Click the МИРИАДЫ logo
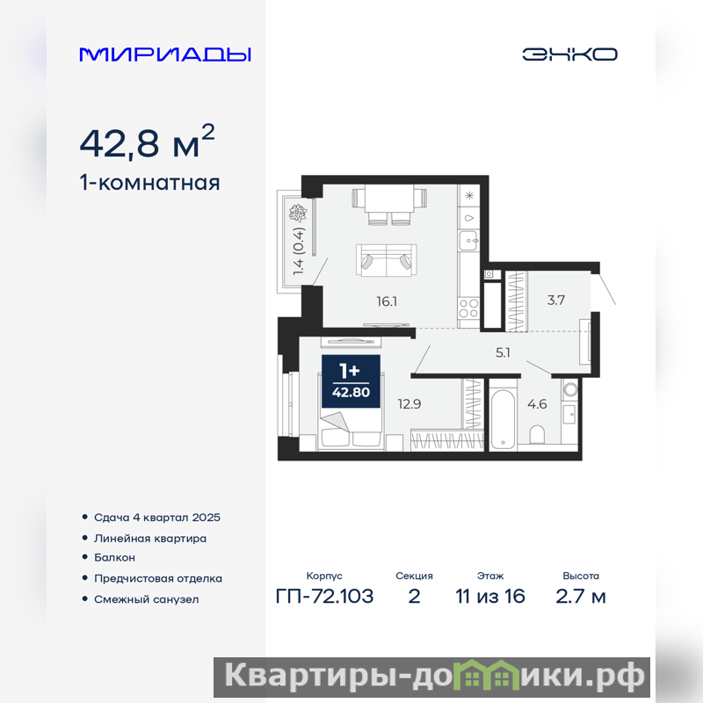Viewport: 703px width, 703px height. [x=165, y=54]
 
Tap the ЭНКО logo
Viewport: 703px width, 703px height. [x=569, y=54]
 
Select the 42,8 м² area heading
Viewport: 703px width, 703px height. [x=147, y=141]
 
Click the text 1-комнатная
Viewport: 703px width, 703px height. [x=149, y=183]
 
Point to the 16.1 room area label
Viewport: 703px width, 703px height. [x=387, y=301]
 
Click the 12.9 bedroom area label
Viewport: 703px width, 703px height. [x=409, y=404]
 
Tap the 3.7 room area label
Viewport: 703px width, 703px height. [x=556, y=300]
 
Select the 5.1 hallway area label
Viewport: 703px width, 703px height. [x=503, y=352]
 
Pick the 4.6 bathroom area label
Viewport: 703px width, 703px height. [x=537, y=404]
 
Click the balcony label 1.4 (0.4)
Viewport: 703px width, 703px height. [x=299, y=251]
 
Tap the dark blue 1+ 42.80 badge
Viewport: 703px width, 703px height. [x=351, y=381]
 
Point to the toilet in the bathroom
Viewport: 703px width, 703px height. [x=537, y=435]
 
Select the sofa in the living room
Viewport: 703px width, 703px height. [x=387, y=260]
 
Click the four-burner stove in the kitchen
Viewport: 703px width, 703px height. [x=468, y=308]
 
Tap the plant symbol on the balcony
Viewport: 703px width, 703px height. [x=298, y=214]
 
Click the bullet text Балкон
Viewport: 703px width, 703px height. [x=114, y=557]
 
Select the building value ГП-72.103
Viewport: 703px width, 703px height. [x=324, y=597]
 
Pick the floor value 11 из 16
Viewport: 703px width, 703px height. [x=490, y=597]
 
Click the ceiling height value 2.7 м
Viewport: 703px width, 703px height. [x=581, y=597]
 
